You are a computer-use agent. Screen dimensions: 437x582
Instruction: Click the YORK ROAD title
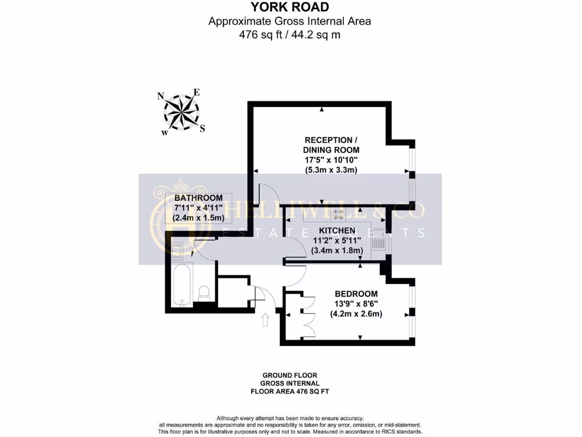[290, 7]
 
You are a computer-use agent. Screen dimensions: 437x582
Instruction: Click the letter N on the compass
[161, 96]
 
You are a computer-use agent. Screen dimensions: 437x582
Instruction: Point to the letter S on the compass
[202, 129]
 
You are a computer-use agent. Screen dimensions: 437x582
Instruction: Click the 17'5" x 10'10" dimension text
[331, 160]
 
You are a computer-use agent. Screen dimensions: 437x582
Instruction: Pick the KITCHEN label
[337, 230]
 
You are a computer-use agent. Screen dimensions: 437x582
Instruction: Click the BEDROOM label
[356, 294]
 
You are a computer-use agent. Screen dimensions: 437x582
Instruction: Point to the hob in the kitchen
[338, 214]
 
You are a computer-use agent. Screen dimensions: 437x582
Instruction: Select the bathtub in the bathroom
[182, 283]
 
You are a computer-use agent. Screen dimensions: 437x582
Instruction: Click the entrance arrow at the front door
[265, 319]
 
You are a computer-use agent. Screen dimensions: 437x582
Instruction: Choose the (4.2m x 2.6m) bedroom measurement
[356, 314]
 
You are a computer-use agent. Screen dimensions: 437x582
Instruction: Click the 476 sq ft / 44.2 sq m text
[290, 34]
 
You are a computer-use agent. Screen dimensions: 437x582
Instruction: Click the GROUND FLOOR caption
[290, 376]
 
